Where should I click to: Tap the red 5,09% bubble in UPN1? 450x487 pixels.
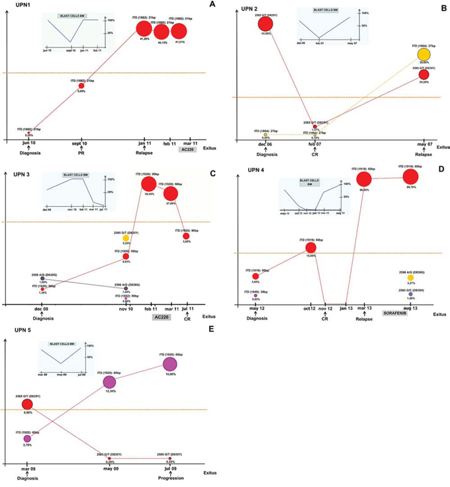(81, 86)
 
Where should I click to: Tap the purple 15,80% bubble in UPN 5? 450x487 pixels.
(170, 364)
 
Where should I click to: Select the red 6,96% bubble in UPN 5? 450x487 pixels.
(27, 404)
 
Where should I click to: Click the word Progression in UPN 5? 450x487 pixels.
(170, 479)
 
